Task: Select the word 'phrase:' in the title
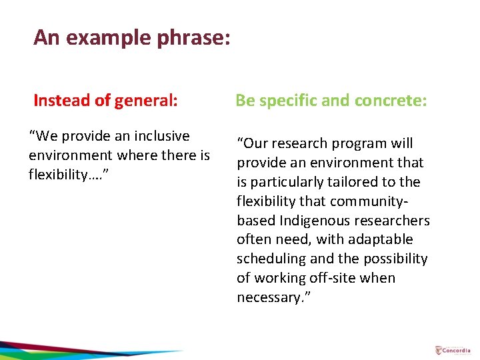[194, 37]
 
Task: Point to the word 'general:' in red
[146, 101]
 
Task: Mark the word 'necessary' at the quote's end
[267, 297]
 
